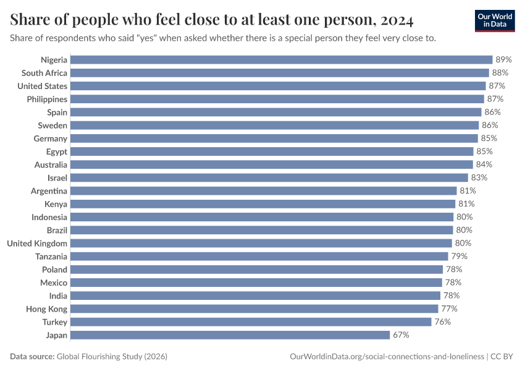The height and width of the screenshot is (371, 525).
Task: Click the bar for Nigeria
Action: pyautogui.click(x=281, y=60)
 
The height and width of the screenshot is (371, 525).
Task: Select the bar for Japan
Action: pyautogui.click(x=230, y=335)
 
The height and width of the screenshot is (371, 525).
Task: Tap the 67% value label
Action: pyautogui.click(x=401, y=335)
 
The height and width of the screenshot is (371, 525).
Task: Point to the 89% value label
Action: pyautogui.click(x=504, y=60)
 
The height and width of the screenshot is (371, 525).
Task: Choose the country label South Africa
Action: pyautogui.click(x=44, y=73)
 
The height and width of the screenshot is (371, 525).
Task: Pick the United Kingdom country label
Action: pyautogui.click(x=37, y=243)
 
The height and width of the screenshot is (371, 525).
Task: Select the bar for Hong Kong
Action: pyautogui.click(x=254, y=309)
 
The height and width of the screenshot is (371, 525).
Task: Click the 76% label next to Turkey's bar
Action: pyautogui.click(x=442, y=322)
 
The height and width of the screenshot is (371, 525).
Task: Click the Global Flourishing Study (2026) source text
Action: pyautogui.click(x=112, y=357)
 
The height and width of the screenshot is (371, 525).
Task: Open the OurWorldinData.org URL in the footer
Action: pyautogui.click(x=387, y=357)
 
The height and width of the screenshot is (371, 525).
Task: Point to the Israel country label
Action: pyautogui.click(x=57, y=177)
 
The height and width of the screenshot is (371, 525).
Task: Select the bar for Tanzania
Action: pyautogui.click(x=259, y=256)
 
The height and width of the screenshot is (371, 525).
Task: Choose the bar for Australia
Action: pyautogui.click(x=271, y=164)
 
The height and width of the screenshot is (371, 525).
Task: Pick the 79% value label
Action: pyautogui.click(x=459, y=256)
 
